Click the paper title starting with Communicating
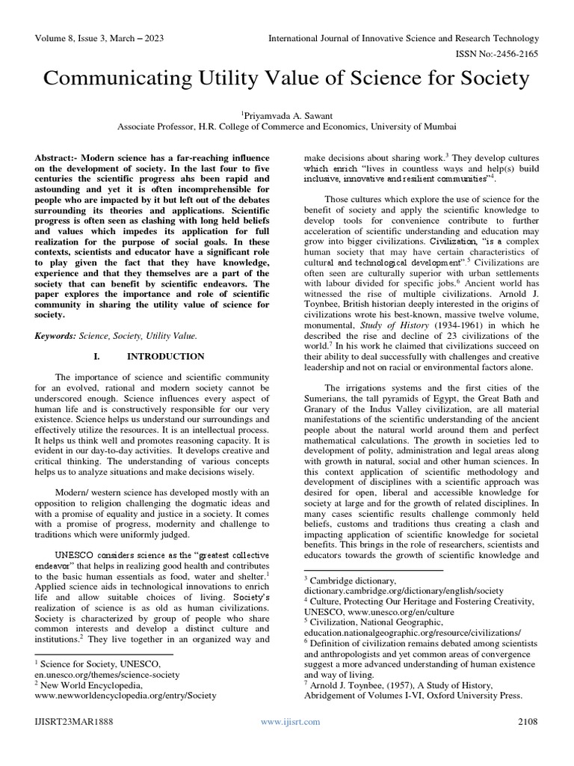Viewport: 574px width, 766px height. (287, 79)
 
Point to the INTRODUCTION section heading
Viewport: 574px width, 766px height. (165, 357)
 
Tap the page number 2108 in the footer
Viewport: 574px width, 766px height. (528, 721)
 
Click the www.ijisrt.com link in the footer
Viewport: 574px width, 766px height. (290, 721)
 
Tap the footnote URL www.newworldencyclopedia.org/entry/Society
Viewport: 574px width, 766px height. (126, 695)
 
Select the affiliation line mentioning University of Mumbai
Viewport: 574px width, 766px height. (287, 127)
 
